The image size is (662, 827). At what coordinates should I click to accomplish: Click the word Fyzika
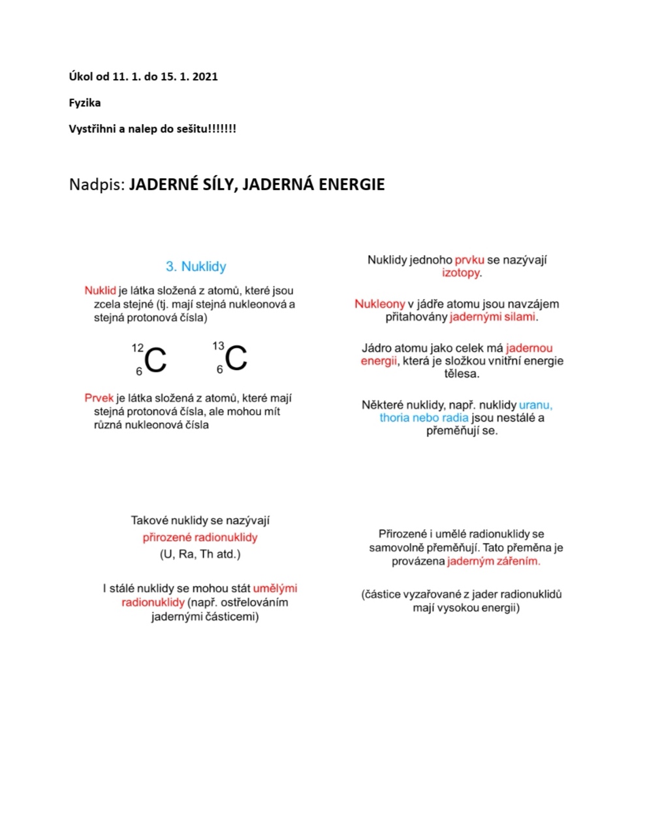click(x=85, y=102)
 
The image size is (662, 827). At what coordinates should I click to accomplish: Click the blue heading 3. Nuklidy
click(x=196, y=266)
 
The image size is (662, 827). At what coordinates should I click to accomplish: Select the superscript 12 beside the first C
click(x=137, y=348)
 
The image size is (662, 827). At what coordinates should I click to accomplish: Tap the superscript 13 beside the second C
click(x=218, y=346)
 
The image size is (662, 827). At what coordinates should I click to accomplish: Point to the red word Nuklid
click(x=100, y=290)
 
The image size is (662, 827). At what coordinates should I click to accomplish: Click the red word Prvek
click(x=99, y=398)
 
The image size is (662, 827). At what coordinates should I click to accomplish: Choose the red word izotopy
click(x=460, y=273)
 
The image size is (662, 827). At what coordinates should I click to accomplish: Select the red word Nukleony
click(x=379, y=304)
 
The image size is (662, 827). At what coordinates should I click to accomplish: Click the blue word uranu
click(x=535, y=405)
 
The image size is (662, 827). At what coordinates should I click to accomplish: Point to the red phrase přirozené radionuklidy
click(x=200, y=537)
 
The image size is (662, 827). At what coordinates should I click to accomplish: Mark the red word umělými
click(x=275, y=588)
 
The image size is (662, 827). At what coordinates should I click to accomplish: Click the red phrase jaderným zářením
click(x=494, y=561)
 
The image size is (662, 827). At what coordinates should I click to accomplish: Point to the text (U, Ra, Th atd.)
click(x=200, y=554)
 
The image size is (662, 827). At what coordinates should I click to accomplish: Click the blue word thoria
click(x=394, y=418)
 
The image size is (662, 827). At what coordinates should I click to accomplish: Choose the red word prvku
click(x=469, y=260)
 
